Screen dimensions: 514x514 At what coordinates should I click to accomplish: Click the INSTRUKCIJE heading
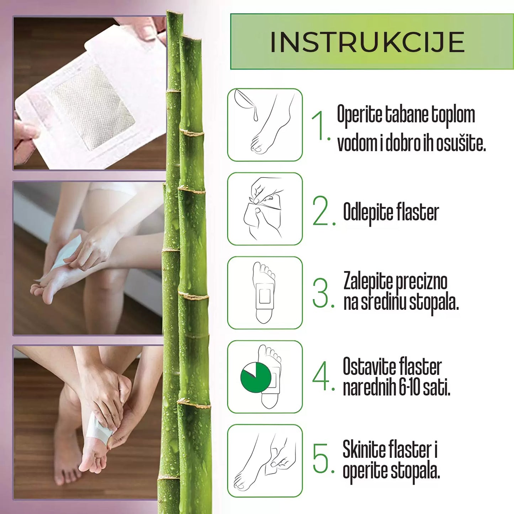(x=367, y=42)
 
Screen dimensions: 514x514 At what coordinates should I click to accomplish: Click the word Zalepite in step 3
(x=368, y=281)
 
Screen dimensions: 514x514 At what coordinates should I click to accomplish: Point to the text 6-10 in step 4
(x=409, y=387)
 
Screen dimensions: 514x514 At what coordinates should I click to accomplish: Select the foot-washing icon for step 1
(x=265, y=125)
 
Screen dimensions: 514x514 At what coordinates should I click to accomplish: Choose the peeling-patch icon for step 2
(x=265, y=209)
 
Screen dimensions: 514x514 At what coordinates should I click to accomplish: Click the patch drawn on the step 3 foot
(x=264, y=296)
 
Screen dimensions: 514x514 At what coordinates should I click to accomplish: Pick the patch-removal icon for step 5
(x=265, y=461)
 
